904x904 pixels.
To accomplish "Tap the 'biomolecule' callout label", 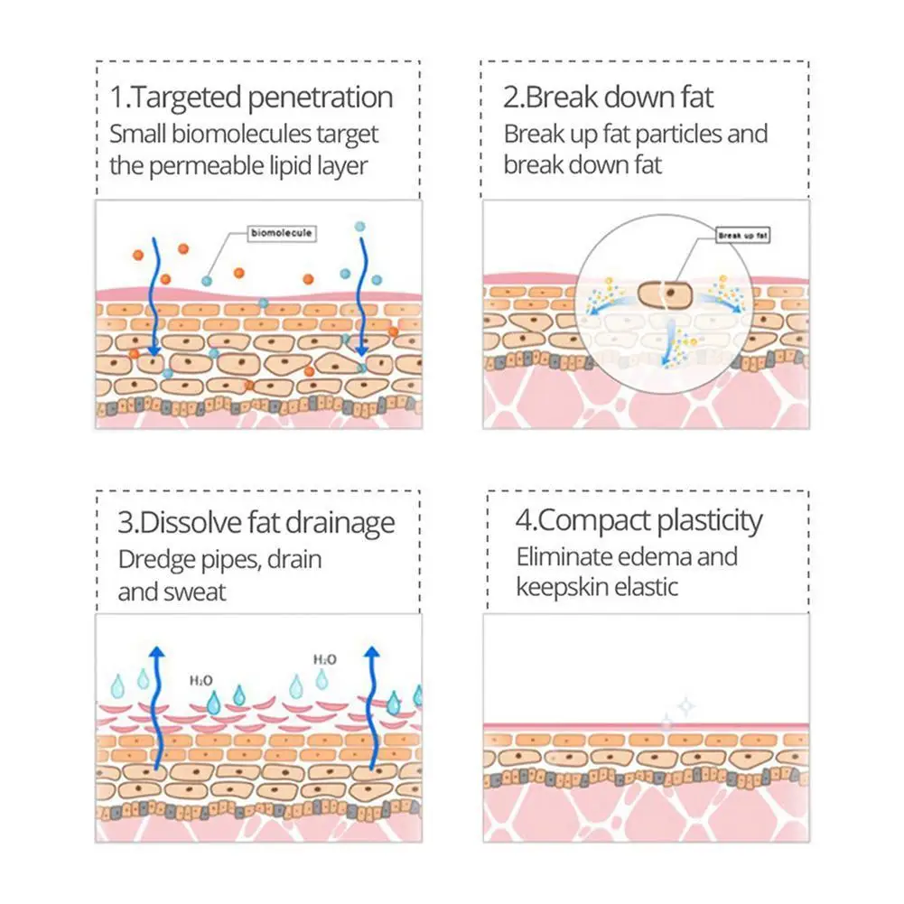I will (x=281, y=233).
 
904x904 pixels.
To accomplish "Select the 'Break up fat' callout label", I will (x=742, y=236).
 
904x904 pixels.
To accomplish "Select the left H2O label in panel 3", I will (x=201, y=678).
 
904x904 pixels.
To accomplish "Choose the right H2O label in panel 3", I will (x=324, y=660).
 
